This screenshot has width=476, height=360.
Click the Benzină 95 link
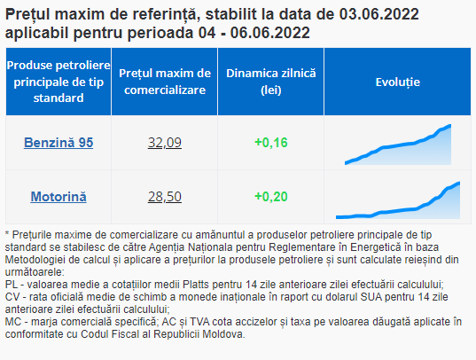(59, 143)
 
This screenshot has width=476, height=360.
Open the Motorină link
(59, 197)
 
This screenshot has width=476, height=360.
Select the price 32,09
(165, 143)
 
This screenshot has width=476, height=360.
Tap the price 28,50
(165, 197)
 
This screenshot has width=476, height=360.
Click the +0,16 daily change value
(270, 143)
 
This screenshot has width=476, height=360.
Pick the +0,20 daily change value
(270, 197)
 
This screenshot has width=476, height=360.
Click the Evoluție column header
(398, 82)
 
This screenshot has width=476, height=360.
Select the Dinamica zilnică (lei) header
(270, 82)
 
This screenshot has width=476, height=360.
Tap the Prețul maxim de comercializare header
(165, 82)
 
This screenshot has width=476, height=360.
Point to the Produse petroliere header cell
(59, 82)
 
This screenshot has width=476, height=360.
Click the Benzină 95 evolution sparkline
(398, 145)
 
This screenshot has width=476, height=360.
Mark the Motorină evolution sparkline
(398, 200)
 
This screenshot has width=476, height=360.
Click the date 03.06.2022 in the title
(378, 14)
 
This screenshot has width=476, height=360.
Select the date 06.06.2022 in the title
(269, 33)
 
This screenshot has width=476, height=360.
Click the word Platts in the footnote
(196, 285)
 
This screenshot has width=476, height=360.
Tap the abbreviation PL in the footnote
(12, 285)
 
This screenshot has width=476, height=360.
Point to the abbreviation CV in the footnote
(12, 297)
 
